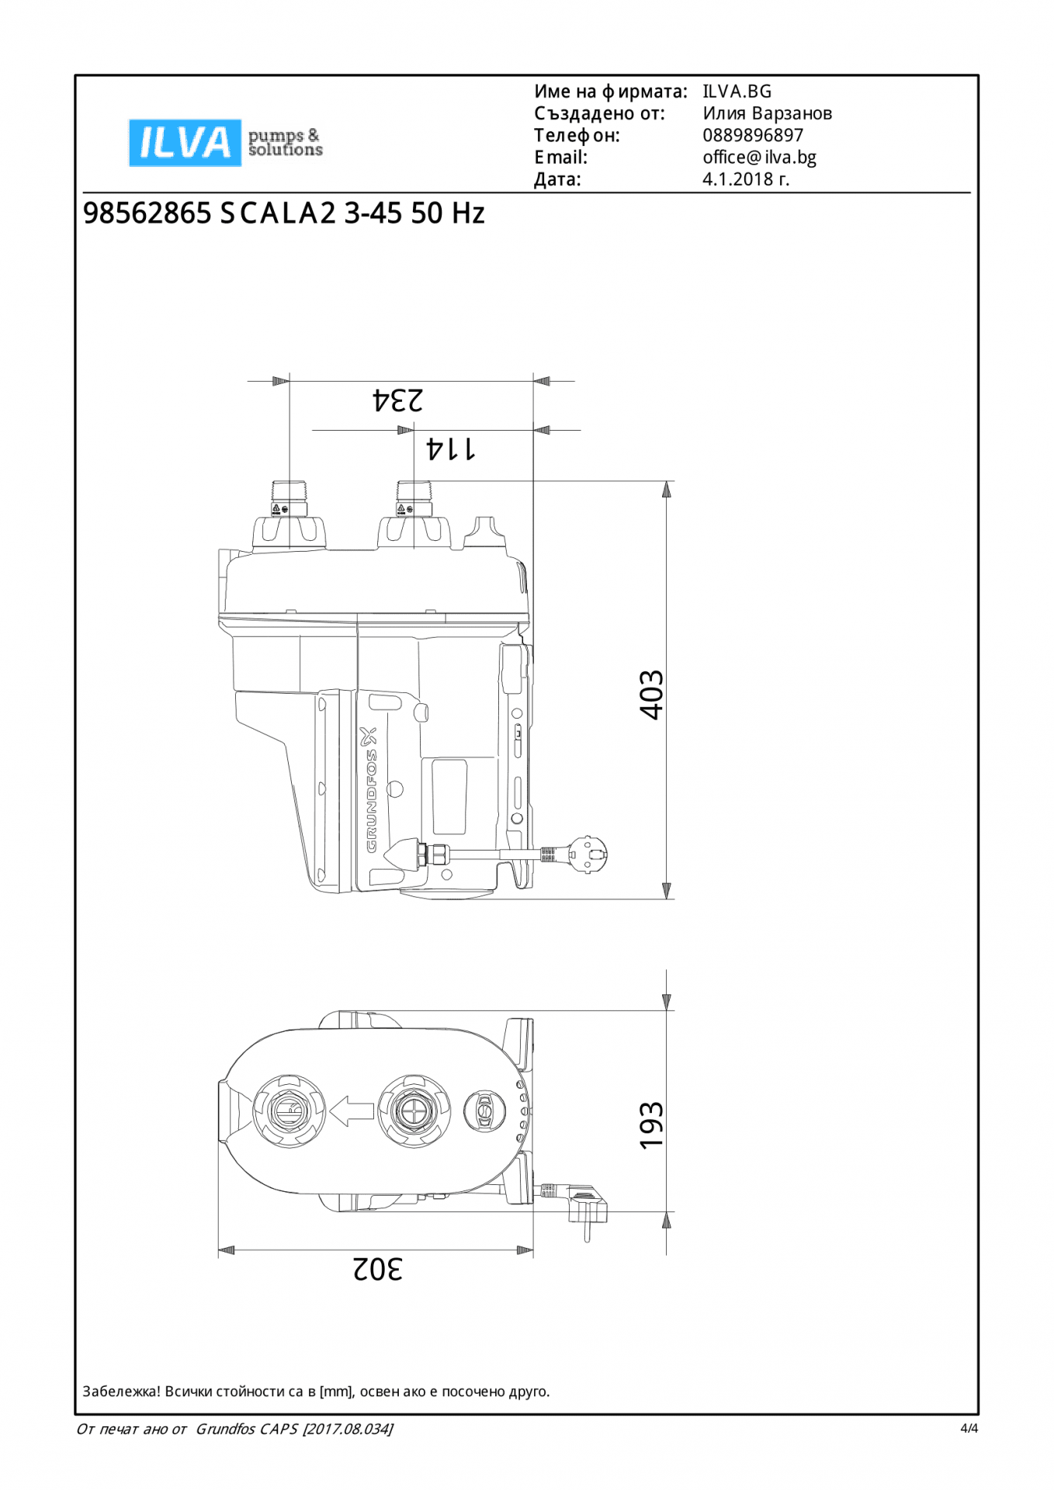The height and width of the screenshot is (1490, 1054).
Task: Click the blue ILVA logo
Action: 185,143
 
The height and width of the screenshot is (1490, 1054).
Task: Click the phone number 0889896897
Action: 753,135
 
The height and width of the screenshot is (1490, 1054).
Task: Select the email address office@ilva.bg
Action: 759,158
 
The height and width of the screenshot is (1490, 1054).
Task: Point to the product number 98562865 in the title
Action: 147,213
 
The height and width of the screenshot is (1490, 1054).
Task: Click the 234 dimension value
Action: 398,400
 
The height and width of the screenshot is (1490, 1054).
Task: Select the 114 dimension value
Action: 451,449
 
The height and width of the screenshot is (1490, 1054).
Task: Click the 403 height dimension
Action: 652,695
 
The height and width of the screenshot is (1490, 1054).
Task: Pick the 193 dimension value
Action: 652,1125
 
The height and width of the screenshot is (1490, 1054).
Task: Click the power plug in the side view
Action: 588,855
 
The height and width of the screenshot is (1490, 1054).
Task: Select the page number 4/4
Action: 969,1428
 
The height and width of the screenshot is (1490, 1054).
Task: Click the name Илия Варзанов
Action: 768,113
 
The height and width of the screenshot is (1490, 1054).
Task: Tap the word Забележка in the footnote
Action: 121,1391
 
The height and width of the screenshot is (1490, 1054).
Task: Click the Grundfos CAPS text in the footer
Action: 247,1429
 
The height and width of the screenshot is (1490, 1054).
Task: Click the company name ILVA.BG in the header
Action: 737,92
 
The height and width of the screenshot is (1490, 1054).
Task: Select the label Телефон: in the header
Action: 577,136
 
